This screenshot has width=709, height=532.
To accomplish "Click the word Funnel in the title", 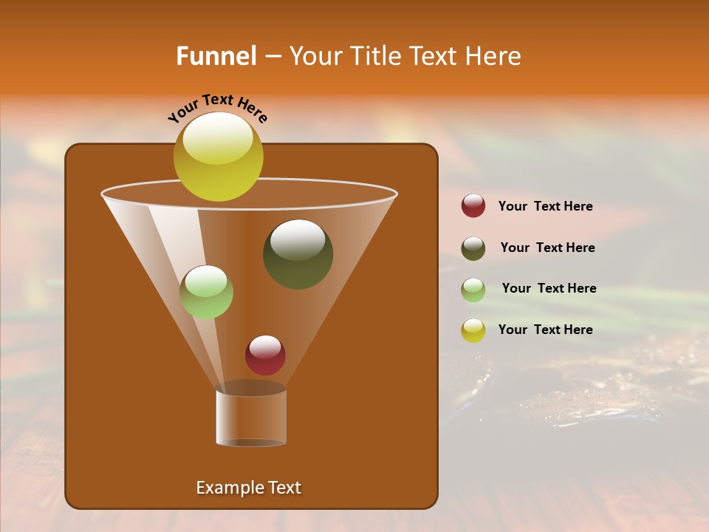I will (216, 56).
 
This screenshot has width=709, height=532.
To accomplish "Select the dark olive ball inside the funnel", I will (298, 254).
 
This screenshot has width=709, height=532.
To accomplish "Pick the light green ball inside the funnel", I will (206, 292).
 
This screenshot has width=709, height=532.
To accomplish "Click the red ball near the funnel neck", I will (265, 355).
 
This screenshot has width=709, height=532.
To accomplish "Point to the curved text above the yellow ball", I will (218, 107).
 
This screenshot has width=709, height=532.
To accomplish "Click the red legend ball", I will (473, 206).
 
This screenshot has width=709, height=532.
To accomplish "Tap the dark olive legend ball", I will (473, 248).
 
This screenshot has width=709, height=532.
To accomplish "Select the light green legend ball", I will (473, 290).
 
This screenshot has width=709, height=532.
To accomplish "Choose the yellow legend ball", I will (473, 330).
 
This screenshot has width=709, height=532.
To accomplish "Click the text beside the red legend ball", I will (545, 206).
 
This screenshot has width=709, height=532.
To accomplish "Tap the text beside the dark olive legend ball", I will (547, 248).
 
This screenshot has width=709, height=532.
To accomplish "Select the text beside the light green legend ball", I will (549, 288).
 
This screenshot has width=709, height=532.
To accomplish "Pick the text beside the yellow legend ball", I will (545, 330).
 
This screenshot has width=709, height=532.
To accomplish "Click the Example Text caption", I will (248, 488).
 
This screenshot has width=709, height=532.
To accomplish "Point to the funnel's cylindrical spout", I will (251, 417).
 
